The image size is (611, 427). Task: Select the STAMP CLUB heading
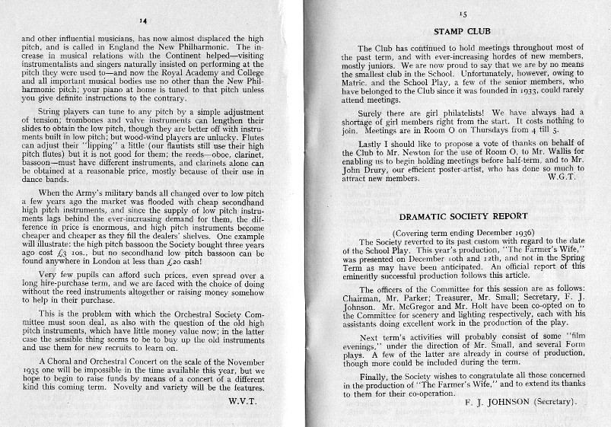pos(461,31)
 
